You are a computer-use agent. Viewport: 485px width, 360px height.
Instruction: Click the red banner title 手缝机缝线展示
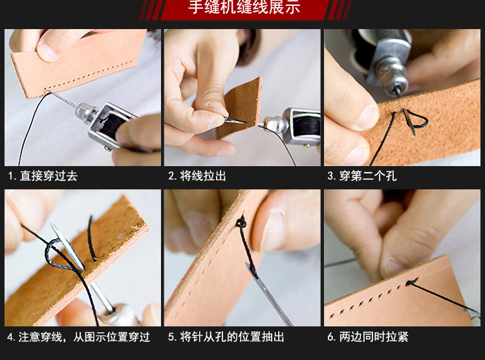click(244, 7)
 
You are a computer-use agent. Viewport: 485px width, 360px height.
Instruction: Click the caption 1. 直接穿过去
click(43, 176)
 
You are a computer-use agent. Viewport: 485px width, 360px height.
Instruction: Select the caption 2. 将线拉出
click(197, 176)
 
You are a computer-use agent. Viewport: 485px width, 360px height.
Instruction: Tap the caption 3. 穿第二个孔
click(362, 176)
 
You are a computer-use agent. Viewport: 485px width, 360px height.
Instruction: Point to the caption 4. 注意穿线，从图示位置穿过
click(78, 337)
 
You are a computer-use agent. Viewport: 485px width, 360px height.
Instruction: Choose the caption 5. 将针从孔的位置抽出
click(226, 337)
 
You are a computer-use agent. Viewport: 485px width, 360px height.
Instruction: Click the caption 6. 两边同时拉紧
click(368, 337)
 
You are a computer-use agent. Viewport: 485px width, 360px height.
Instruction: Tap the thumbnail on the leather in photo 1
click(47, 49)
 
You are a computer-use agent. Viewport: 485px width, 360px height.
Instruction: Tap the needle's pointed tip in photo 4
click(52, 225)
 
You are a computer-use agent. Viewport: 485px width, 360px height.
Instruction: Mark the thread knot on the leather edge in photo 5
click(241, 222)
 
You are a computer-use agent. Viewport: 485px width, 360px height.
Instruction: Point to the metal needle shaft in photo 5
click(268, 293)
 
